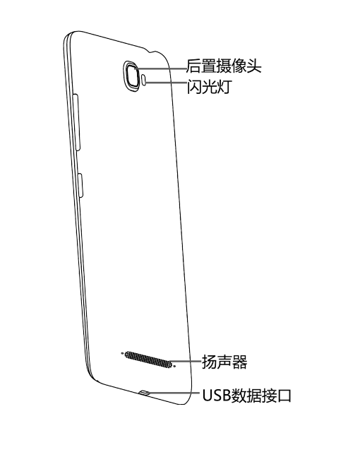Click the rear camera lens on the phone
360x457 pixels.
pyautogui.click(x=133, y=76)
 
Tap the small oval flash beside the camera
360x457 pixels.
pyautogui.click(x=144, y=80)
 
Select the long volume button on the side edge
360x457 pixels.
pyautogui.click(x=77, y=122)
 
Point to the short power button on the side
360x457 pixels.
pyautogui.click(x=81, y=185)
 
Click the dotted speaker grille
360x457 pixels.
pyautogui.click(x=148, y=359)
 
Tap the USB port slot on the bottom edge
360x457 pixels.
pyautogui.click(x=145, y=393)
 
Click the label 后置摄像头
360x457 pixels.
pyautogui.click(x=224, y=66)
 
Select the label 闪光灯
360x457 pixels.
pyautogui.click(x=209, y=86)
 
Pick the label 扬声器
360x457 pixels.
pyautogui.click(x=224, y=362)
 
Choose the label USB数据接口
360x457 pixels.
pyautogui.click(x=246, y=396)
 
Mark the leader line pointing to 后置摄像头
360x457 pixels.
pyautogui.click(x=161, y=69)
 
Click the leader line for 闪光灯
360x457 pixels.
pyautogui.click(x=166, y=83)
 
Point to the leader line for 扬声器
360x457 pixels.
pyautogui.click(x=186, y=361)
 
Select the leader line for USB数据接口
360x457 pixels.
pyautogui.click(x=175, y=392)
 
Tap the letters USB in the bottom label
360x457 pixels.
pyautogui.click(x=216, y=396)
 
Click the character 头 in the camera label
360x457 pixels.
pyautogui.click(x=254, y=66)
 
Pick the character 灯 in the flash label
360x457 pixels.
pyautogui.click(x=224, y=87)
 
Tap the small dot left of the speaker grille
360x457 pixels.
pyautogui.click(x=122, y=353)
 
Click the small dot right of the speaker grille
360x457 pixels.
pyautogui.click(x=174, y=366)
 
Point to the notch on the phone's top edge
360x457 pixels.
pyautogui.click(x=152, y=52)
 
